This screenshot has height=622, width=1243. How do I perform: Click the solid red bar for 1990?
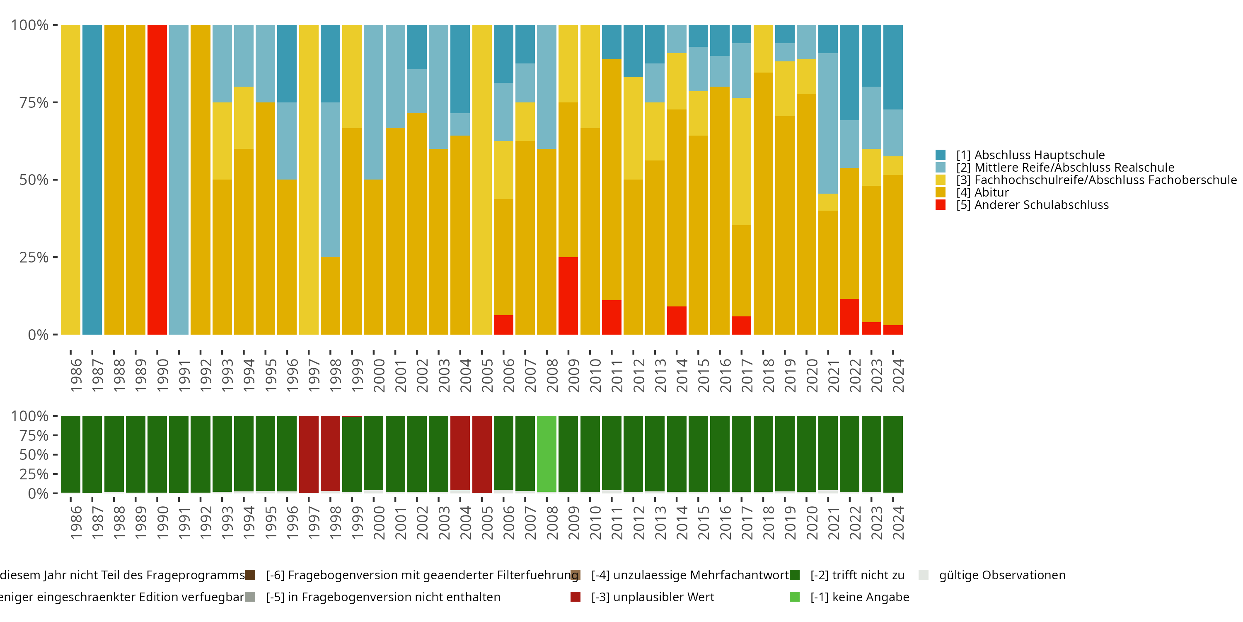point(157,180)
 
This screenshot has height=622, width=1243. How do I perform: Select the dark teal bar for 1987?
point(92,180)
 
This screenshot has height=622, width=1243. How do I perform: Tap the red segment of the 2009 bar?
point(568,296)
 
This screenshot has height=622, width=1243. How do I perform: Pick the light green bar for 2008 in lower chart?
point(547,454)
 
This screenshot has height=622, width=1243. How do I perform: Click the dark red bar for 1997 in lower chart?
point(309,454)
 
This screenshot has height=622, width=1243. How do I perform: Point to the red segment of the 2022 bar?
point(849,317)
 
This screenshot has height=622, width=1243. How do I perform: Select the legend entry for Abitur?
point(991,192)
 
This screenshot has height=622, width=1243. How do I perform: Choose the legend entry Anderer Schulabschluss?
point(1041,205)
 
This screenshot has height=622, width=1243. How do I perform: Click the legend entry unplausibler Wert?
point(653,597)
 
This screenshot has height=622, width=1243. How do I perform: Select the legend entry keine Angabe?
point(859,597)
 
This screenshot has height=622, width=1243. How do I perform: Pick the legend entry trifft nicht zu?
point(857,575)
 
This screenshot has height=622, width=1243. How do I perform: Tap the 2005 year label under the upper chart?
point(487,375)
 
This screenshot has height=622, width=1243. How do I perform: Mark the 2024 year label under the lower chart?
point(898,522)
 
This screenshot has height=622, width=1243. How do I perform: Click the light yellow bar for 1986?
point(70,180)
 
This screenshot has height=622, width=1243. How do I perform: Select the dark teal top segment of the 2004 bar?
point(460,68)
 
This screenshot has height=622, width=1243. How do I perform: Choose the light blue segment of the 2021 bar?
point(827,123)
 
